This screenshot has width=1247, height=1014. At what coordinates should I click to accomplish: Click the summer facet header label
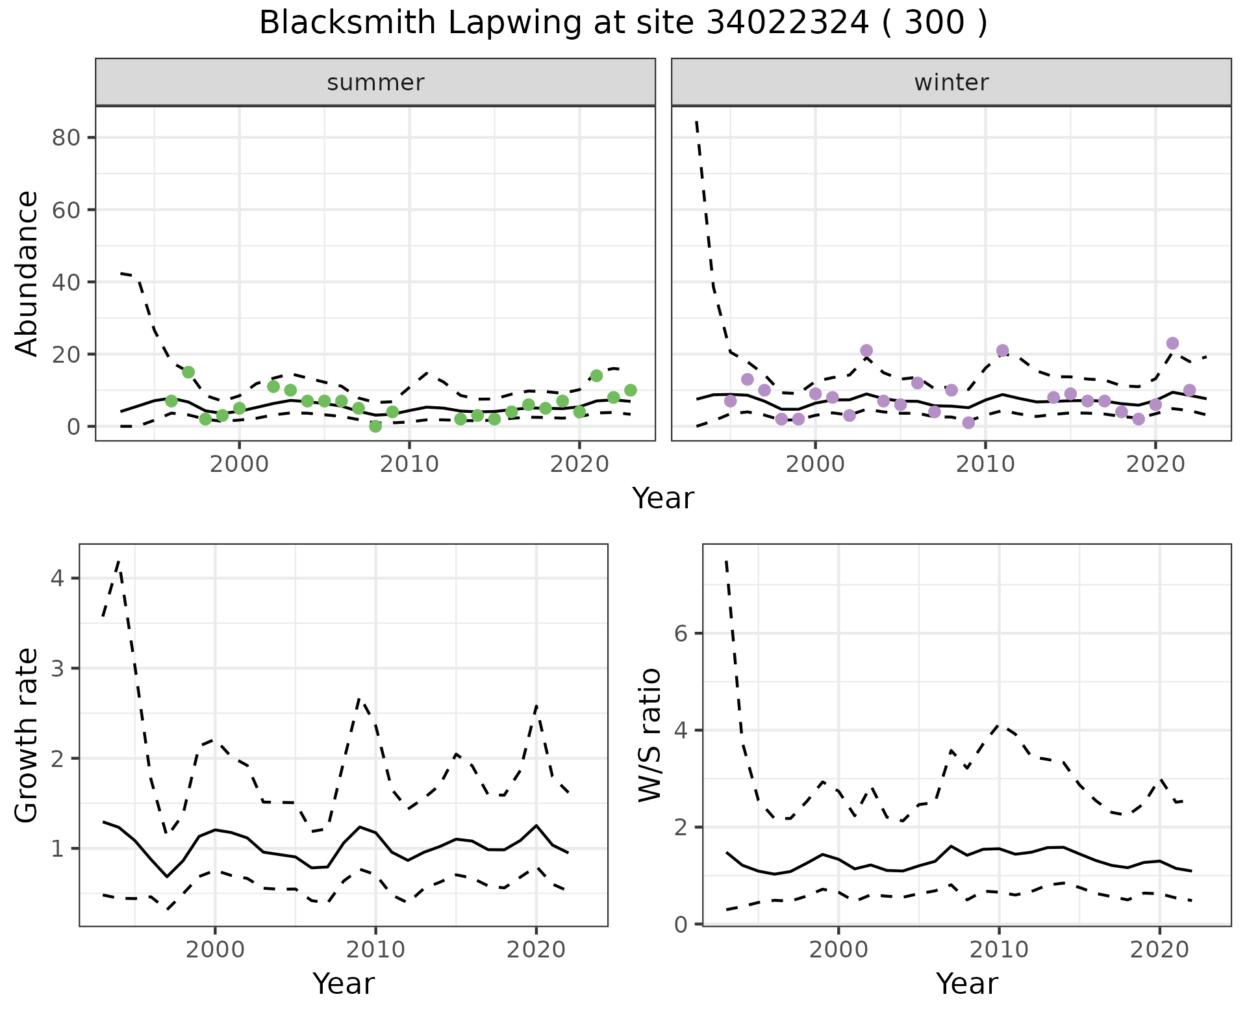(x=375, y=83)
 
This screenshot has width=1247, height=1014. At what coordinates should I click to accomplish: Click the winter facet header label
(x=951, y=83)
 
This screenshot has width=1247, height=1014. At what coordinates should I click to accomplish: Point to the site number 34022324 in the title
(x=787, y=23)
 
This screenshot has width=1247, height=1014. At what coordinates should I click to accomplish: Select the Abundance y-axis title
(x=27, y=273)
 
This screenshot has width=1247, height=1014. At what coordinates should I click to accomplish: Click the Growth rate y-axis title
(x=27, y=736)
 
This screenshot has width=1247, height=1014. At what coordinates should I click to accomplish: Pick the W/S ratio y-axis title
(x=650, y=734)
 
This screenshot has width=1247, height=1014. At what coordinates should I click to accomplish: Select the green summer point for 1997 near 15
(x=188, y=372)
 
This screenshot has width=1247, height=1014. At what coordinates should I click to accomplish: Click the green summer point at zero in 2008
(x=375, y=426)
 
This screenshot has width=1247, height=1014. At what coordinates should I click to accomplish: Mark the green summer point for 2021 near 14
(x=596, y=376)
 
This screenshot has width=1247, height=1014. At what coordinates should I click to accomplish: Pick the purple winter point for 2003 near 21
(x=866, y=350)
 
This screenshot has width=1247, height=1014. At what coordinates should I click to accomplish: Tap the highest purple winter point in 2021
(x=1172, y=343)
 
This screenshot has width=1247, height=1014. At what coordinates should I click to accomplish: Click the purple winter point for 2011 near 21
(x=1002, y=350)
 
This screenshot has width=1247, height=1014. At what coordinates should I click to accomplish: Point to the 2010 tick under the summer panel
(x=409, y=465)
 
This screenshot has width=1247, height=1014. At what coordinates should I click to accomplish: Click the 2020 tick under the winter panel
(x=1155, y=465)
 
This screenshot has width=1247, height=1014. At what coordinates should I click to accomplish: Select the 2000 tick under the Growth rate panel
(x=215, y=950)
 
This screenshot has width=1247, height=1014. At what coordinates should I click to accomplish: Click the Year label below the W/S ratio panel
(x=966, y=983)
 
